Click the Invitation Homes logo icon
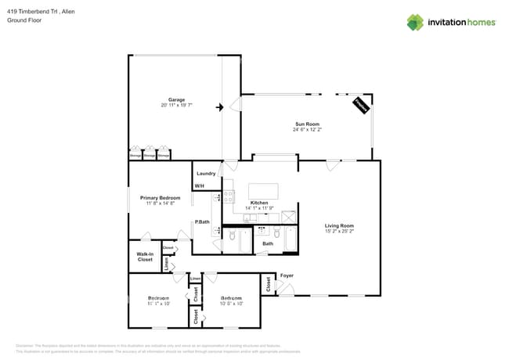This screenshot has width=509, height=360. coord(415,22)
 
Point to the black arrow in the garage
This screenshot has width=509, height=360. coord(221,106)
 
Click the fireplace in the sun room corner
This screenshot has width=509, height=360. coord(361,106)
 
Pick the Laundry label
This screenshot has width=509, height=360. coord(206,173)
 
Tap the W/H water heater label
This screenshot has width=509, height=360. coord(199,185)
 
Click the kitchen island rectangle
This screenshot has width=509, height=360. coord(263,192)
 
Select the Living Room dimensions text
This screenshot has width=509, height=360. coord(340,232)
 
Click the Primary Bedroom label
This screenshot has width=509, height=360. coord(160,198)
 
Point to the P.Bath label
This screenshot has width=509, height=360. coord(202,222)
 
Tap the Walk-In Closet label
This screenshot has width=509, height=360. coord(145,256)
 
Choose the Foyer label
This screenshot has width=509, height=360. coord(287,275)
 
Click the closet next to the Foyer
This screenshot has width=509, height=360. coord(268,284)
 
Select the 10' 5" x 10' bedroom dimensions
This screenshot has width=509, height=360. coord(231,304)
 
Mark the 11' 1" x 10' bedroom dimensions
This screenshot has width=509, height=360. coord(159,304)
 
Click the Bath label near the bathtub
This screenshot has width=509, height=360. coord(267,243)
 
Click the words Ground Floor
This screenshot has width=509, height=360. coord(23,21)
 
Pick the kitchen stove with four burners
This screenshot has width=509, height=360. coord(229,196)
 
